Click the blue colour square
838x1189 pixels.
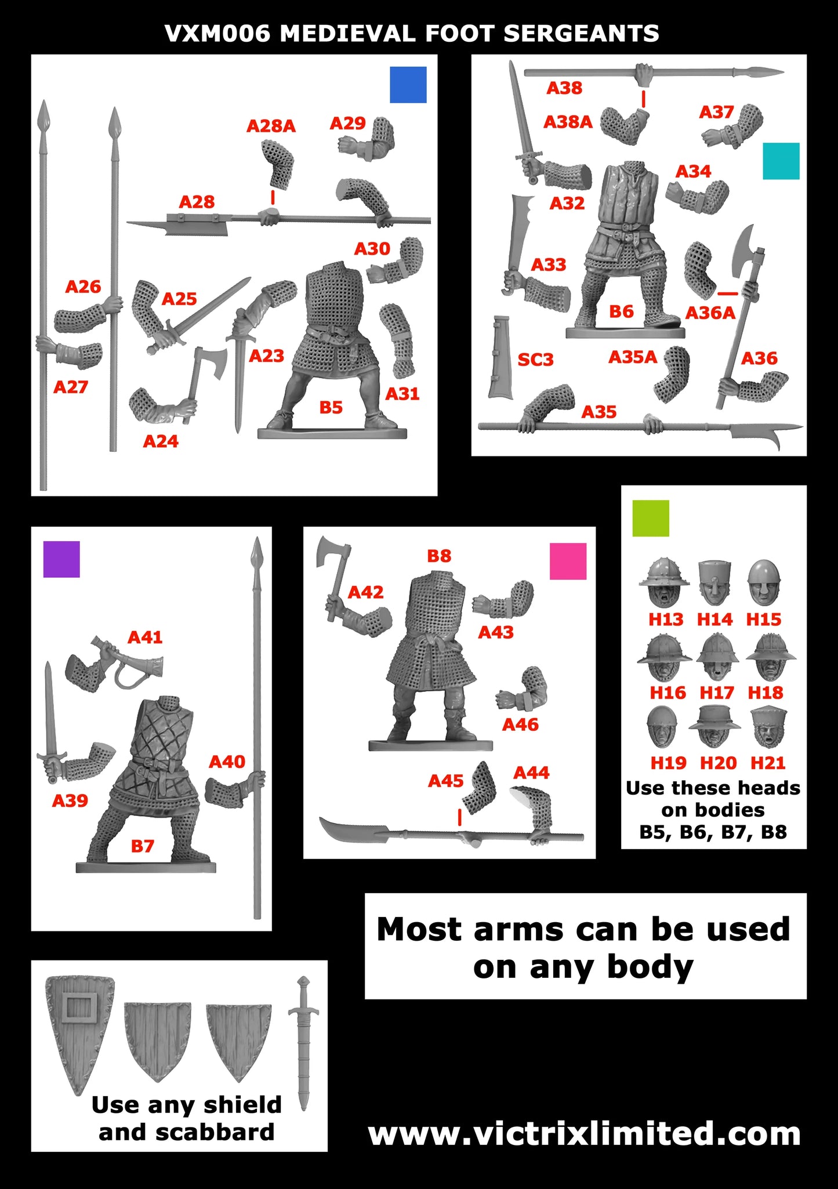[408, 85]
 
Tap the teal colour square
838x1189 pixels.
[781, 161]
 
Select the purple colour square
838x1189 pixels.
[61, 559]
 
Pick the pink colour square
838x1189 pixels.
[568, 561]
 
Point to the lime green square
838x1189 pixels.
[650, 518]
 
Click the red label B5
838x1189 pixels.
[331, 408]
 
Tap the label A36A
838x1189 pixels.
[710, 313]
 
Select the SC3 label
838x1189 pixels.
[535, 360]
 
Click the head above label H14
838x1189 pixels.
[714, 582]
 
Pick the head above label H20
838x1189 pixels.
[715, 727]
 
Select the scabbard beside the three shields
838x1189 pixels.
[303, 1041]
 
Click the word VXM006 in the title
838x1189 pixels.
[217, 34]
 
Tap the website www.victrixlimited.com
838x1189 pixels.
[584, 1134]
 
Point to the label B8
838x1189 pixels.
[439, 556]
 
